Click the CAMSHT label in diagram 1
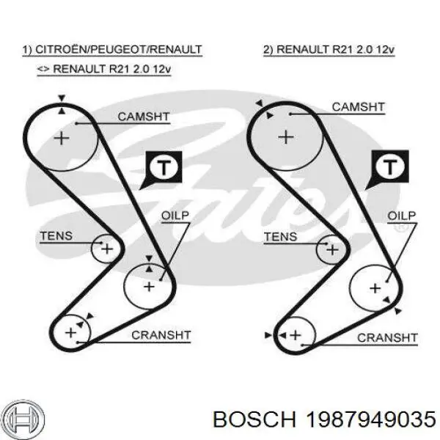tap(144, 117)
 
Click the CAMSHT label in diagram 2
tap(359, 107)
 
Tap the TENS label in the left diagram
tap(56, 236)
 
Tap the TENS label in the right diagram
tap(281, 237)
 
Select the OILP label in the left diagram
tap(175, 216)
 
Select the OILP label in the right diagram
tap(402, 216)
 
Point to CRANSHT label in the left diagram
tap(161, 335)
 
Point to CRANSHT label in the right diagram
tap(387, 338)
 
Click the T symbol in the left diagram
tap(164, 168)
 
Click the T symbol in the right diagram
tap(390, 167)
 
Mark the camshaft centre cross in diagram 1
tap(62, 139)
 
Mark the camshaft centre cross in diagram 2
tap(286, 138)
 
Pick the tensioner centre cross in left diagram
tap(107, 249)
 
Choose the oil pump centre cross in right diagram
tap(375, 288)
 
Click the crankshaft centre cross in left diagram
tap(70, 333)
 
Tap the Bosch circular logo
tap(24, 420)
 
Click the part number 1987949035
tap(370, 419)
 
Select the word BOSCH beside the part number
tap(254, 419)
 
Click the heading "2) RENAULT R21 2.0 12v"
tap(329, 50)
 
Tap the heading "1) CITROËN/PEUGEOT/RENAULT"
tap(112, 50)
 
